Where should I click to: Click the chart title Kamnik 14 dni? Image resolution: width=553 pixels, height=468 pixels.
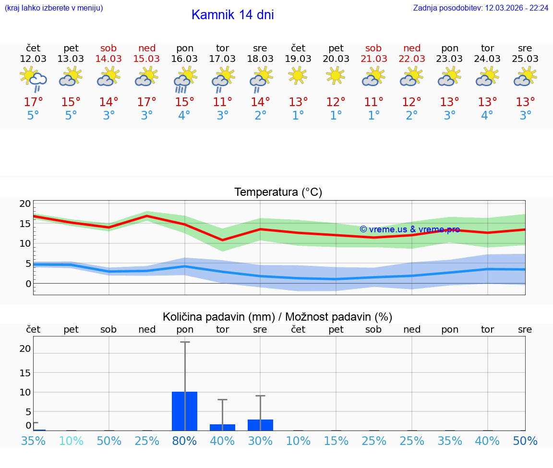click(x=232, y=15)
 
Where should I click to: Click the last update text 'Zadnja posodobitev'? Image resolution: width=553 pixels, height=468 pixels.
click(x=481, y=8)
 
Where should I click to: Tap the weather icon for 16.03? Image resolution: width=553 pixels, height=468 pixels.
click(x=185, y=79)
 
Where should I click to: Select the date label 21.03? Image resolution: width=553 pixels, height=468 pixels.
click(x=373, y=59)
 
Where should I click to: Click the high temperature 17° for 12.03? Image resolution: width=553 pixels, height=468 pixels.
click(x=33, y=102)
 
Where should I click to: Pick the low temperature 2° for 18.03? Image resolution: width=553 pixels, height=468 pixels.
click(x=260, y=116)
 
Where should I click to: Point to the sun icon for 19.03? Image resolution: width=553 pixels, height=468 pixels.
click(x=298, y=75)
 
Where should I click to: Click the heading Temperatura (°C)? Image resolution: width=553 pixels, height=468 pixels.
click(x=278, y=192)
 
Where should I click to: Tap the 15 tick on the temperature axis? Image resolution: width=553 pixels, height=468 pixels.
click(x=25, y=224)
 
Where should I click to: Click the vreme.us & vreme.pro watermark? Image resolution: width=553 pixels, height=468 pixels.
click(x=409, y=229)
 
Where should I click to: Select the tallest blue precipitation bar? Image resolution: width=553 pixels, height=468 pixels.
click(x=185, y=411)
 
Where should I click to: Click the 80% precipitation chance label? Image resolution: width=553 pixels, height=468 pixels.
click(x=185, y=441)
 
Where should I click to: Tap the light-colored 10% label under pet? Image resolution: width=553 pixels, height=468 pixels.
click(x=71, y=441)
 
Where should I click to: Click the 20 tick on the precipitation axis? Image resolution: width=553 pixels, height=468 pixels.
click(x=25, y=348)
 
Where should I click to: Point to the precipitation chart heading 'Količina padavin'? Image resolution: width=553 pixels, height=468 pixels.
click(x=277, y=317)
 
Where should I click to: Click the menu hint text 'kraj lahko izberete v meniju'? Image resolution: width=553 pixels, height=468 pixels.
click(x=54, y=8)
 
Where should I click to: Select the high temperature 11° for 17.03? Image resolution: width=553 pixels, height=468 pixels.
click(x=222, y=102)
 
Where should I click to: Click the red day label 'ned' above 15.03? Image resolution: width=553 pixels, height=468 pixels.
click(x=147, y=48)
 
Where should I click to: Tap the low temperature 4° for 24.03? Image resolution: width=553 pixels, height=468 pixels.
click(x=487, y=116)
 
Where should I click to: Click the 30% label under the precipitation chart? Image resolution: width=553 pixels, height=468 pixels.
click(x=260, y=441)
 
